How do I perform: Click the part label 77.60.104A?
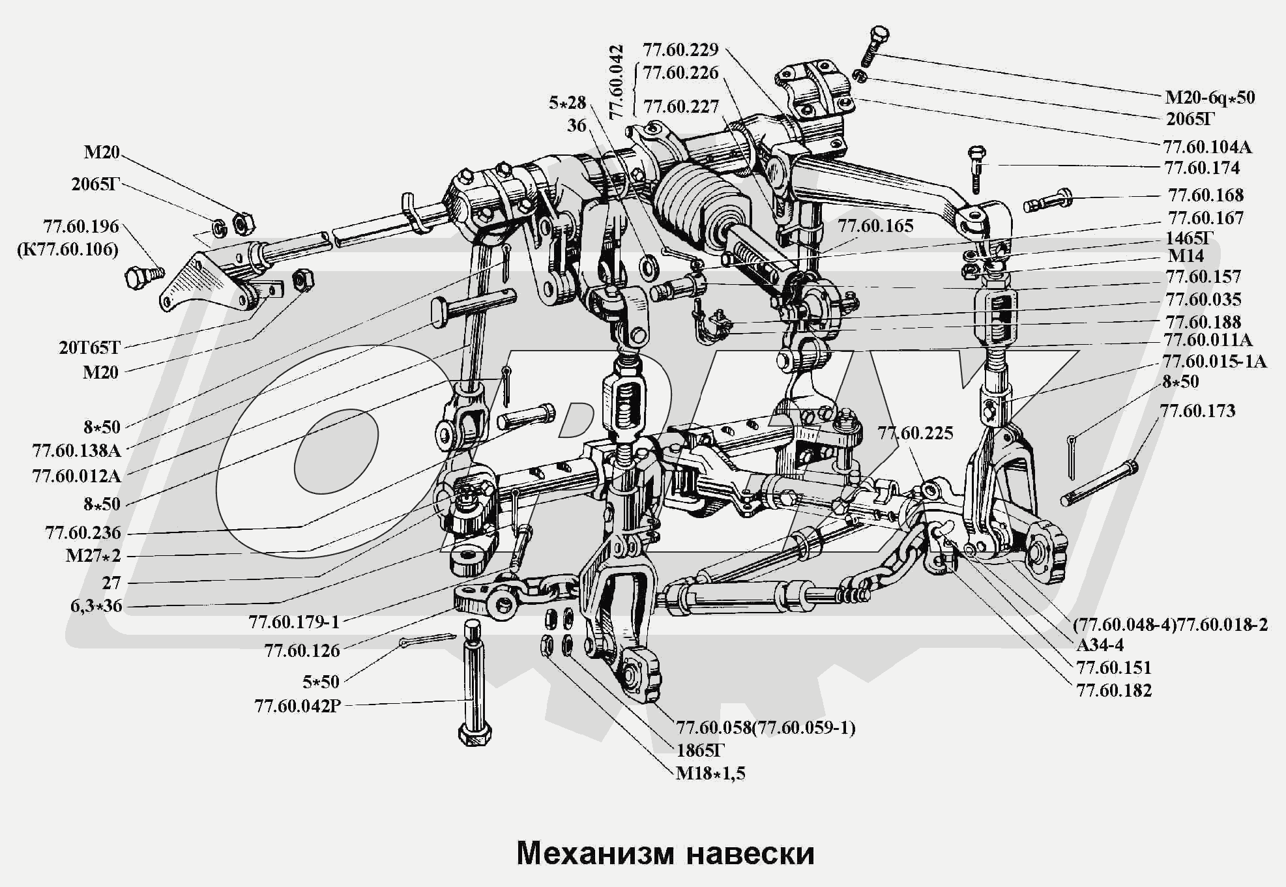(x=1207, y=147)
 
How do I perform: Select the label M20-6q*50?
(x=1210, y=98)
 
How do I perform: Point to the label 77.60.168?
(x=1206, y=195)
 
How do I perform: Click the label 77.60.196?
(x=81, y=227)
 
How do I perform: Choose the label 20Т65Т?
(x=90, y=347)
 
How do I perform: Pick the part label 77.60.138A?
(x=76, y=450)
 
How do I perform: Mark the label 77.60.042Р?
(x=298, y=706)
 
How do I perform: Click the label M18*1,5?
(x=710, y=774)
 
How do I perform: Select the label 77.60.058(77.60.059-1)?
(x=765, y=727)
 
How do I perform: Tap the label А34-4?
(x=1100, y=645)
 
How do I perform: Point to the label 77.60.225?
(x=915, y=433)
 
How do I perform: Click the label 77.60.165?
(x=876, y=226)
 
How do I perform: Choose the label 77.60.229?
(x=680, y=50)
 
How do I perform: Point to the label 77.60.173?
(x=1197, y=411)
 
